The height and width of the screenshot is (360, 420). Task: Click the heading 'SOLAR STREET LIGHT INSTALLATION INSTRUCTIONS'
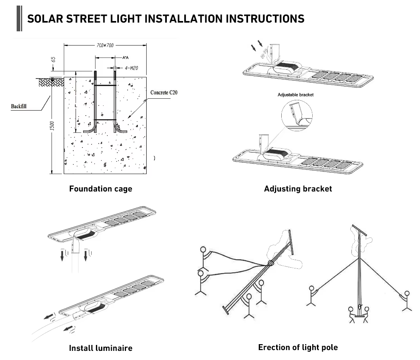coord(166,19)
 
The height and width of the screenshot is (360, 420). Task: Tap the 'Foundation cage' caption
coord(101,189)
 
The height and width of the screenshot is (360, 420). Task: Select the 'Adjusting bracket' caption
coord(298,189)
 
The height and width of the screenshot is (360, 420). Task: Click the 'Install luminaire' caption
coord(101,348)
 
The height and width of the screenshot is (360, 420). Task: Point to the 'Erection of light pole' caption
coord(298,347)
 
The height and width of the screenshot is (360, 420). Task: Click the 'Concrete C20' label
coord(166,92)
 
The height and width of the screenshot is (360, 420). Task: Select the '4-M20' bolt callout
coord(131,68)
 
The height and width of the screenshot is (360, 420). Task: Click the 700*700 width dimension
coord(105,45)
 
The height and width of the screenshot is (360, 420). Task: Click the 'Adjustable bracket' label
coord(296,95)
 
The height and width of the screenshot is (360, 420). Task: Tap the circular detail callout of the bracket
coord(297,116)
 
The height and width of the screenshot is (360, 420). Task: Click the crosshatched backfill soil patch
coord(50,82)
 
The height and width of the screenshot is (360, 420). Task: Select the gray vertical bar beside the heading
coord(19,19)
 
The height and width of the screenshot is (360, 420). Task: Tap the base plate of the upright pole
coord(358,316)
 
